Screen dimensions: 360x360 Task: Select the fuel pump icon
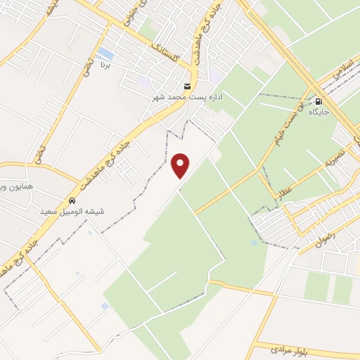pos(320,101)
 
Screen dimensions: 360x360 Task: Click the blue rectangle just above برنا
pos(105,53)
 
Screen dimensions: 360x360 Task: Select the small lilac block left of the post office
pos(145,82)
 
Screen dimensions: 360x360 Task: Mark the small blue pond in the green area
pos(253,243)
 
